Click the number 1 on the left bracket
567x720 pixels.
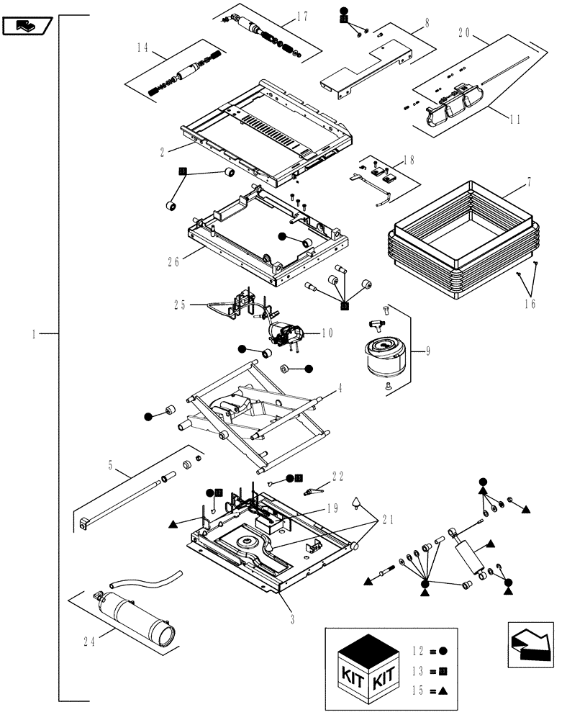pos(33,333)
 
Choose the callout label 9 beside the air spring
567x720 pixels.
pos(428,351)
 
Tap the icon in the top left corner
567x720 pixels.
pos(26,27)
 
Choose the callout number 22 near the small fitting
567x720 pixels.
pos(338,476)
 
